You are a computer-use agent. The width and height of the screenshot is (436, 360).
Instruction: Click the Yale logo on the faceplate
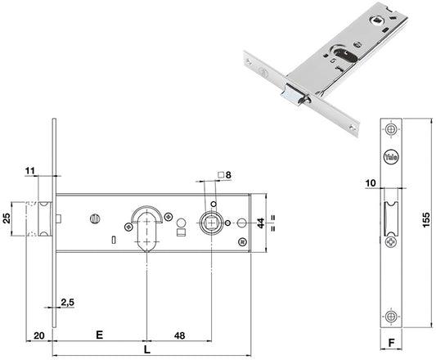tap(391, 157)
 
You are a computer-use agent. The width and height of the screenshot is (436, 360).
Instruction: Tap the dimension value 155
tap(426, 220)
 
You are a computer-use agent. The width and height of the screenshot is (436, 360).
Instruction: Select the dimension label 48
tap(179, 335)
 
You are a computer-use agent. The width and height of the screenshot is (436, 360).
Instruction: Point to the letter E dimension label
tap(99, 335)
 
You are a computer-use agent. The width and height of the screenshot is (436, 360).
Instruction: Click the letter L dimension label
tap(147, 349)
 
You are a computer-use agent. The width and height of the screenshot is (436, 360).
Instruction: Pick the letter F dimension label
tap(391, 343)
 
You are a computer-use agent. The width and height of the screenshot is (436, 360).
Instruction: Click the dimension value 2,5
tap(68, 302)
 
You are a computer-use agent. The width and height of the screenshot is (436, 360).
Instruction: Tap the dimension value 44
tap(261, 223)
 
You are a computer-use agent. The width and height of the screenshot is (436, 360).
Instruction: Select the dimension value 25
tap(7, 218)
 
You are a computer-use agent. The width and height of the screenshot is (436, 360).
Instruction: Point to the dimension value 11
tap(30, 170)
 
